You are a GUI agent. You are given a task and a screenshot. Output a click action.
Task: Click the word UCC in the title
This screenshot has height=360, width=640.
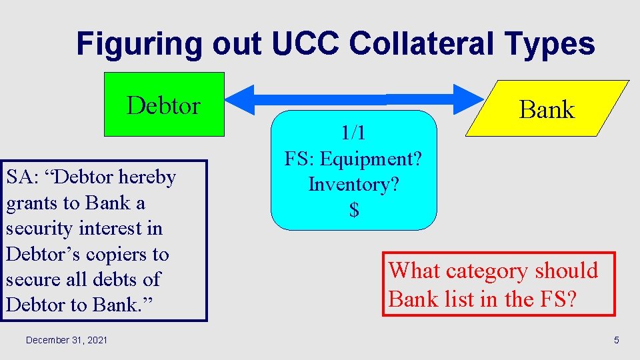click(x=306, y=44)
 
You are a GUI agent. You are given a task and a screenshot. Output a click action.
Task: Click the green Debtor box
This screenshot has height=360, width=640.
click(x=163, y=105)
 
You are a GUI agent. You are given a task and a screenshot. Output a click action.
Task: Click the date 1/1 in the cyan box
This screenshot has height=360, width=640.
click(x=353, y=133)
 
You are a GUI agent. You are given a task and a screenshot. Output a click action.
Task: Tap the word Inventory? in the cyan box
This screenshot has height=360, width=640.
click(x=354, y=184)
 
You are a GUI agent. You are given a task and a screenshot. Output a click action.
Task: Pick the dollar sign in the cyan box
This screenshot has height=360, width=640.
click(x=354, y=210)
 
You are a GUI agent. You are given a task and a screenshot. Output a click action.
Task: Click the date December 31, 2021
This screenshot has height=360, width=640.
click(x=67, y=341)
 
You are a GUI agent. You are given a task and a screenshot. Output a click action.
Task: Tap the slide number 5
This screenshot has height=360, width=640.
click(x=616, y=341)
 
